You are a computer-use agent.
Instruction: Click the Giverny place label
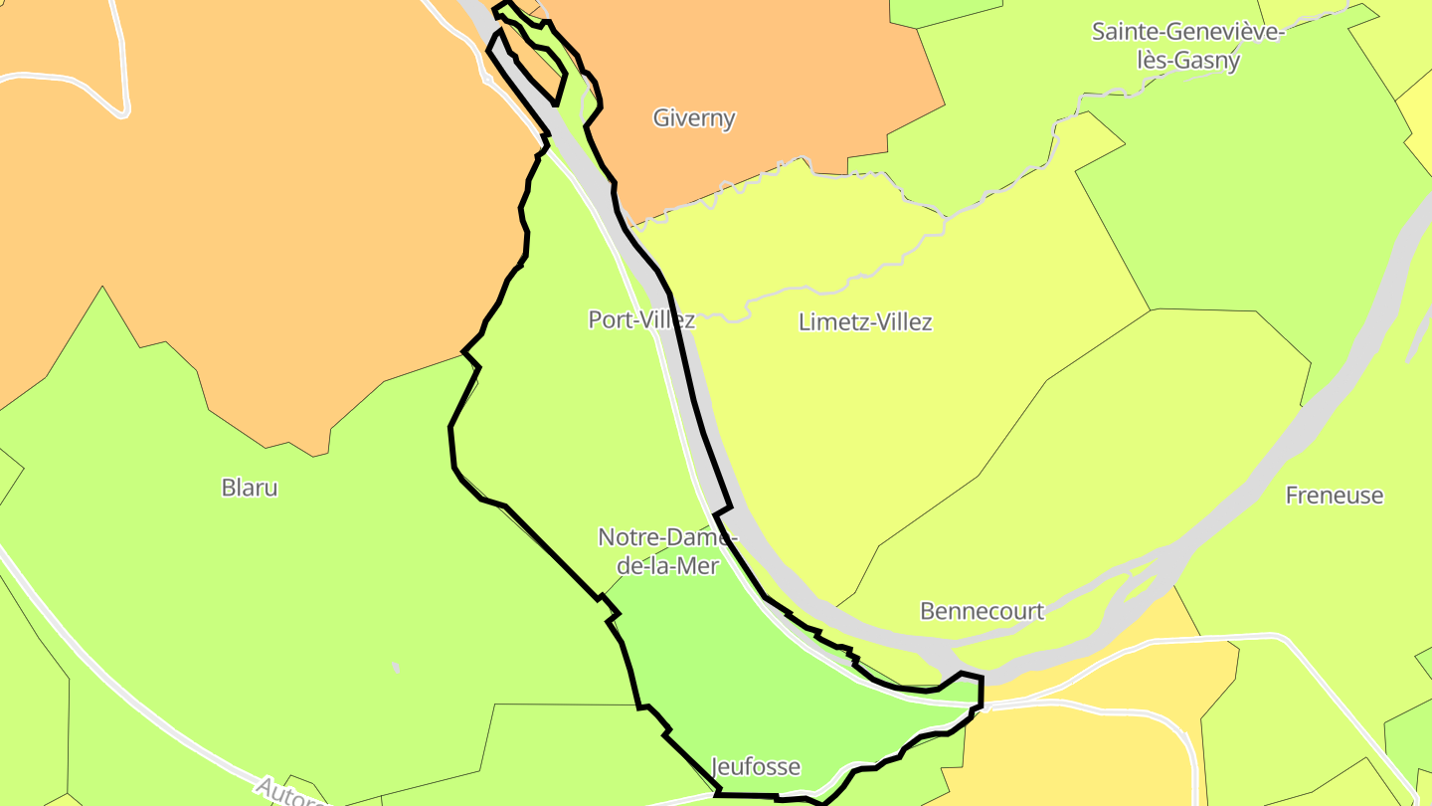tap(694, 117)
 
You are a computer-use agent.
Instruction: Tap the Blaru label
tap(249, 488)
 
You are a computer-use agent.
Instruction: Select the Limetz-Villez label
tap(865, 322)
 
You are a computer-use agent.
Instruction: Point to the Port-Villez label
tap(640, 319)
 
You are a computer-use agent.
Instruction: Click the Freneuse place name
tap(1334, 496)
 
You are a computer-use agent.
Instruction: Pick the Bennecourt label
tap(982, 611)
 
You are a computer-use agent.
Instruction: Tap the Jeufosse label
tap(756, 766)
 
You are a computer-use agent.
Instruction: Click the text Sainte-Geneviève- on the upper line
tap(1188, 31)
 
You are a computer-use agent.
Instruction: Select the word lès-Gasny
tap(1187, 61)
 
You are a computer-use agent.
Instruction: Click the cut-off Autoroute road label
tap(288, 794)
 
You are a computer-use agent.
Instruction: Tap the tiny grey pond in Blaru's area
tap(397, 667)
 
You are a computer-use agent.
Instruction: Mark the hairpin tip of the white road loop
tap(123, 110)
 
